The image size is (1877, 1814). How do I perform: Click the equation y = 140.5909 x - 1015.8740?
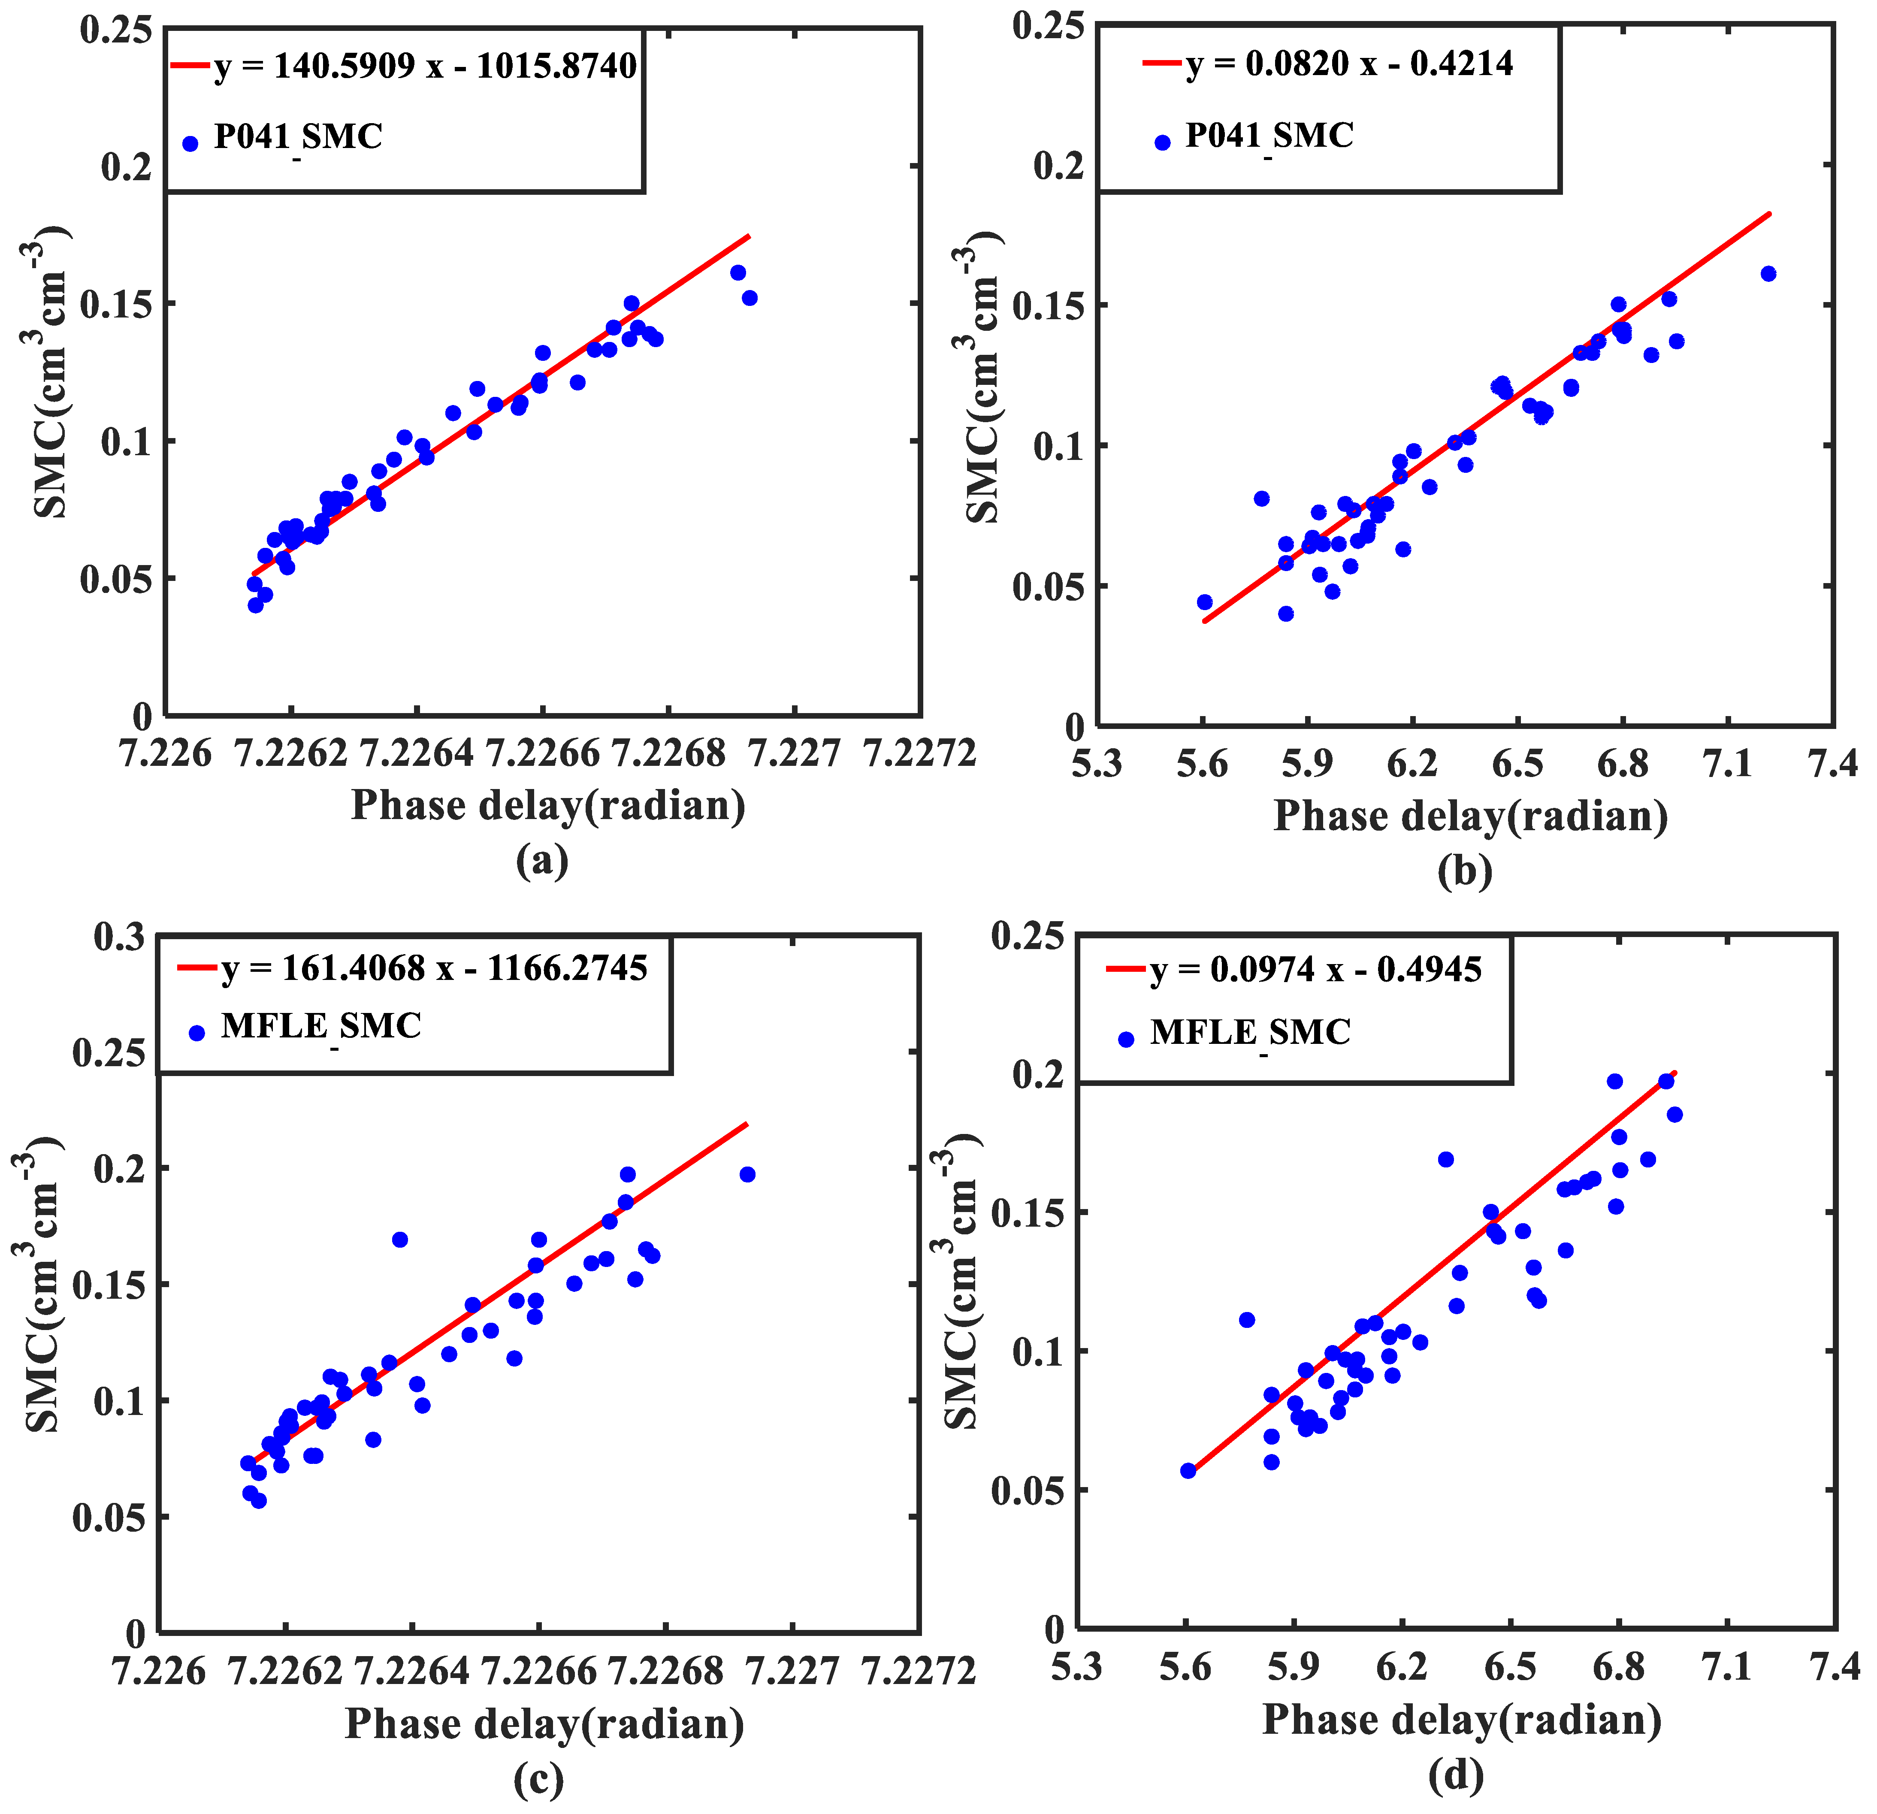coord(425,66)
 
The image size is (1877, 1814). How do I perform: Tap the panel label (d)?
coord(1456,1777)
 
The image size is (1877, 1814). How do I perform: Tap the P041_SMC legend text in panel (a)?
coord(298,137)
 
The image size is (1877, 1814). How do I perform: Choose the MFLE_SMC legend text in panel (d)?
coord(1250,1032)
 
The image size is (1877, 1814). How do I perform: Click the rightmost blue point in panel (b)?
coord(1768,274)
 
